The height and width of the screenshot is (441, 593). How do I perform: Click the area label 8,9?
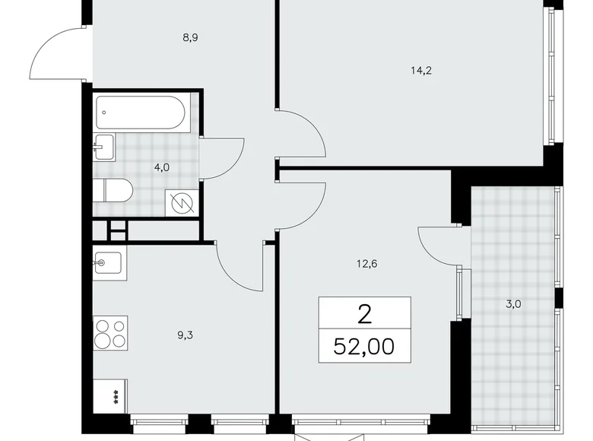point(190,38)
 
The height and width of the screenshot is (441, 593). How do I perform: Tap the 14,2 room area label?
point(421,71)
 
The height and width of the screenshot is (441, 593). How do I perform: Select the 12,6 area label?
point(367,264)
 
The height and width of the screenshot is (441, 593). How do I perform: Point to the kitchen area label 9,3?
point(186,335)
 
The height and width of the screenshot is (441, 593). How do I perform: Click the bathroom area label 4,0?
point(162,167)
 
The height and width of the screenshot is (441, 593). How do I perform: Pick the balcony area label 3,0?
point(513,304)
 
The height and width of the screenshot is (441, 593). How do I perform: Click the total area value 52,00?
point(364,347)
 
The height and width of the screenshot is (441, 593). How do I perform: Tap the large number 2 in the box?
point(365,315)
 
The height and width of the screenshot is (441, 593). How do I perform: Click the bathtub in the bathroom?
point(141,113)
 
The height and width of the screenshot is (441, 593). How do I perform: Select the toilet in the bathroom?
point(113,191)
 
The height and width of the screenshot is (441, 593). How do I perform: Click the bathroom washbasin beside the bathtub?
point(103,147)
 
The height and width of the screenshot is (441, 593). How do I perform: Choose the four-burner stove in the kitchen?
point(110,333)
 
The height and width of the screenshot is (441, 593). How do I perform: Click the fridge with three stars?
point(110,396)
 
